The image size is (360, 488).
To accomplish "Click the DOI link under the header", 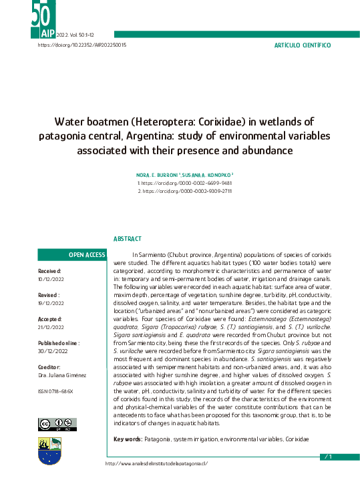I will (x=82, y=45).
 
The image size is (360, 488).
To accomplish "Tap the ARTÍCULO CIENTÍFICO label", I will (x=303, y=45).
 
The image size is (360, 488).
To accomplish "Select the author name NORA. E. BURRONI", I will (x=155, y=174).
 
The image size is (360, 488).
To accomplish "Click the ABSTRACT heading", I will (x=127, y=238).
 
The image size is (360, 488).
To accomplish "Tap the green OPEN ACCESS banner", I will (x=72, y=255).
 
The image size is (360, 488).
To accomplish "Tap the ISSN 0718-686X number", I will (x=55, y=391).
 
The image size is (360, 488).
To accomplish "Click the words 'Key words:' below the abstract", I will (x=128, y=439).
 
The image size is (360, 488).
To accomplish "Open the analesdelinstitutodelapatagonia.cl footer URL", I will (x=157, y=463).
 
